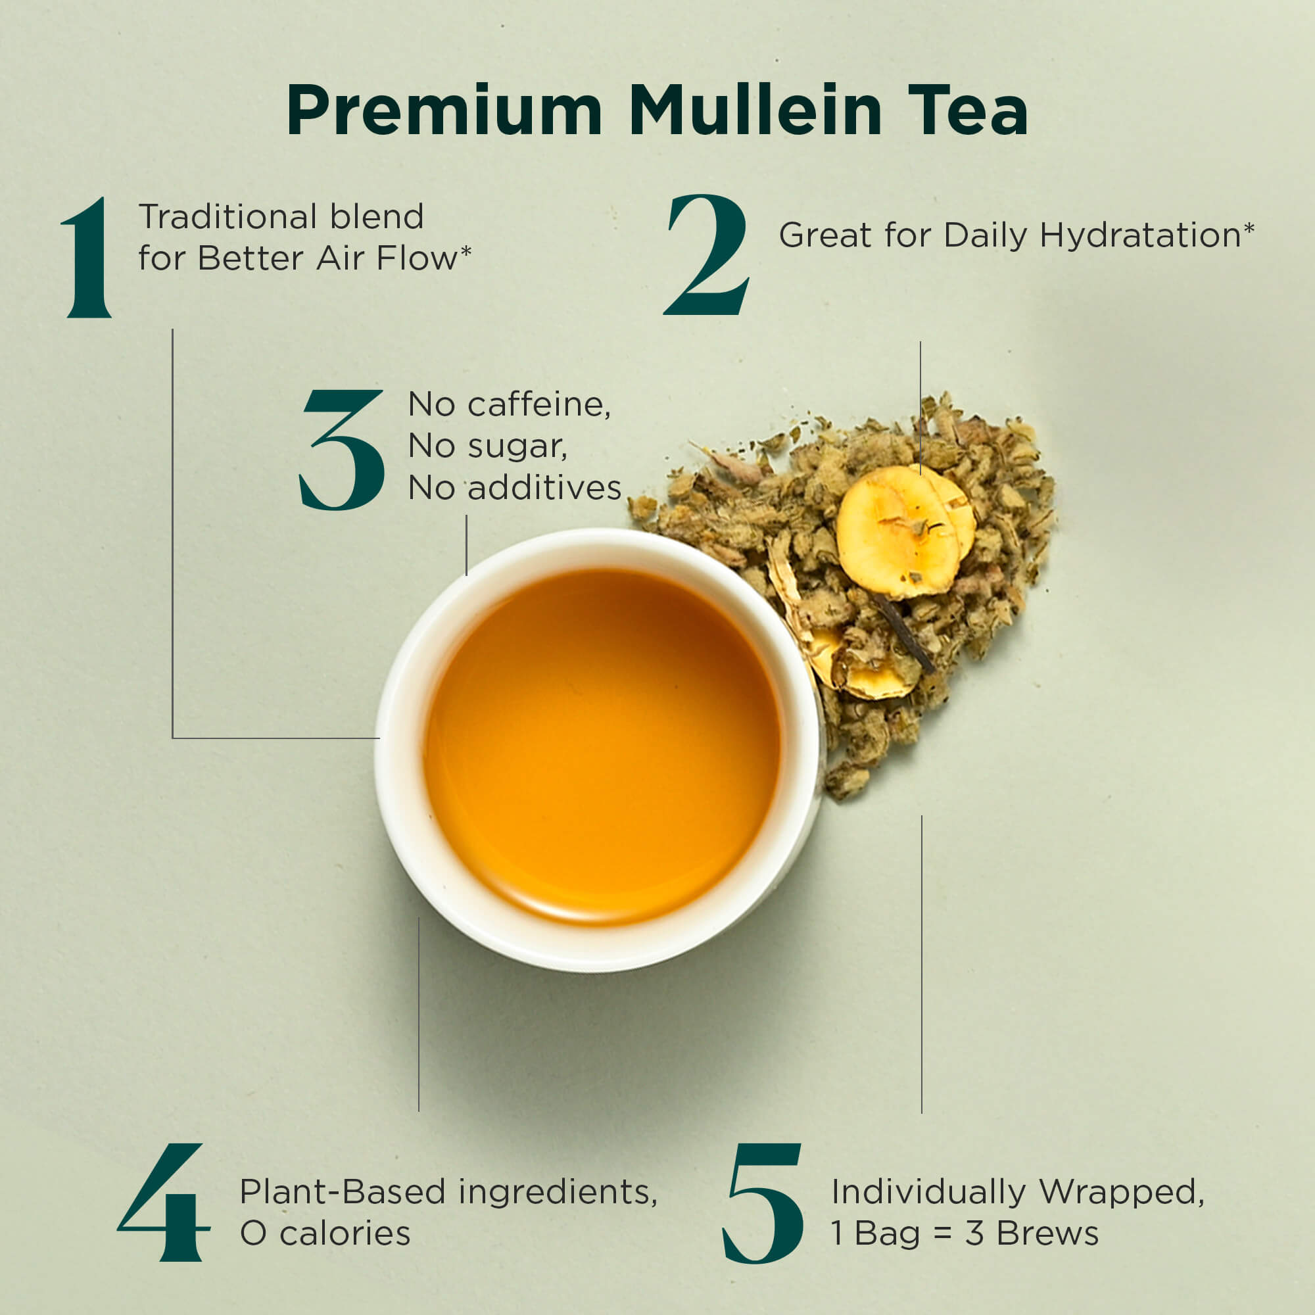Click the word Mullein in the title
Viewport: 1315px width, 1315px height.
pyautogui.click(x=756, y=110)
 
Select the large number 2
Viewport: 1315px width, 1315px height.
pyautogui.click(x=707, y=254)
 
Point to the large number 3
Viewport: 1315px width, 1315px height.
pyautogui.click(x=342, y=450)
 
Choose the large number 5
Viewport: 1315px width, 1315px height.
pyautogui.click(x=762, y=1203)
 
